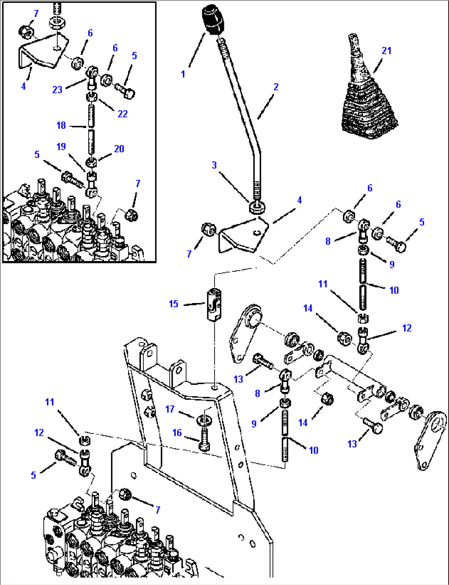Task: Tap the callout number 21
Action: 386,51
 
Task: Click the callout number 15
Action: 173,304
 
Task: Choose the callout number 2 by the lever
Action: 276,86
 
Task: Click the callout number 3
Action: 214,165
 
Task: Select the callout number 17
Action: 170,409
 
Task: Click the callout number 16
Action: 177,432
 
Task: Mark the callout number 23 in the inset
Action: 57,89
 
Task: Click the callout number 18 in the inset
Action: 61,125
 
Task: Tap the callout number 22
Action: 123,114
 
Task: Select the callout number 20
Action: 119,149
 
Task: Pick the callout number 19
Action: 61,147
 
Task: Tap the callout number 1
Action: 183,74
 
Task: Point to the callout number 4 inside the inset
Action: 23,86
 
